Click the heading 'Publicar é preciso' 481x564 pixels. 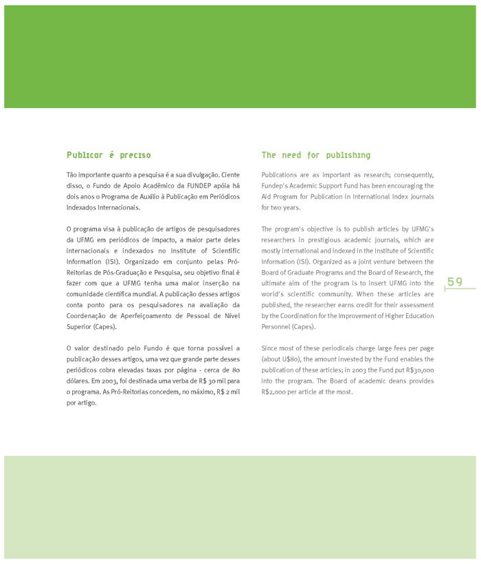pos(109,155)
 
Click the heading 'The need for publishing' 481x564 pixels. pos(315,155)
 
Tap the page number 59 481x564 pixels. pos(455,282)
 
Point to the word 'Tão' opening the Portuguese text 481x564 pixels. pos(73,174)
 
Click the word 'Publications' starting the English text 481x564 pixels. pos(281,174)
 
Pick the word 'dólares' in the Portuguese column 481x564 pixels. pos(79,381)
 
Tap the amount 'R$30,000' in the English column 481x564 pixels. pos(418,370)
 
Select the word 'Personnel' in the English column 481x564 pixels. pos(277,326)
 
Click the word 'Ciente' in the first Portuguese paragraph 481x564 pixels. pos(230,174)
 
